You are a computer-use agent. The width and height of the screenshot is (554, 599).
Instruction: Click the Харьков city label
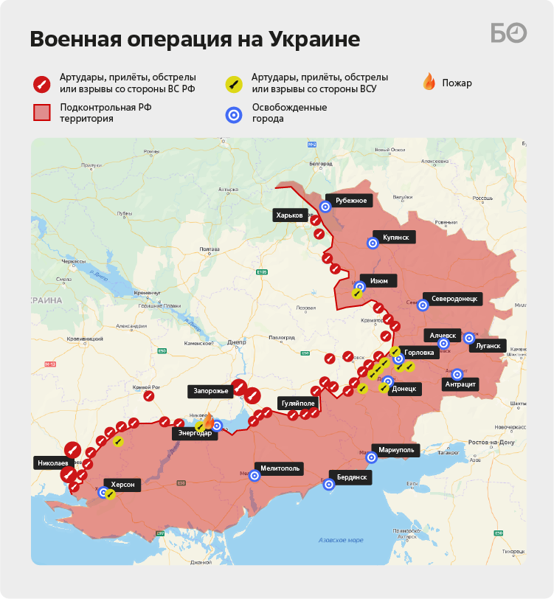point(289,215)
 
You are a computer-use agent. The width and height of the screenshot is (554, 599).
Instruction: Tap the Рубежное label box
point(350,200)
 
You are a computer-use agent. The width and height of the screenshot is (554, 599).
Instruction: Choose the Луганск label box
point(488,345)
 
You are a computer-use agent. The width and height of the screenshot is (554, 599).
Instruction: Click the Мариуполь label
point(401,449)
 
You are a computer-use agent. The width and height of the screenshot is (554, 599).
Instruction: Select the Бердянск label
point(352,477)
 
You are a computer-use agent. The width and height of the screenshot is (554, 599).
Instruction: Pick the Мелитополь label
point(280,468)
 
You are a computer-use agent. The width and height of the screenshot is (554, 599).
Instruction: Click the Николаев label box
point(52,463)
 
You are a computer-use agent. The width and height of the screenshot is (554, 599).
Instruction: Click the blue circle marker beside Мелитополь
point(255,476)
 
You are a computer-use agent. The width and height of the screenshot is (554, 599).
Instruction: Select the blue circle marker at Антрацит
point(457,374)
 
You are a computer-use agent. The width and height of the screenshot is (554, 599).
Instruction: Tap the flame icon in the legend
point(429,82)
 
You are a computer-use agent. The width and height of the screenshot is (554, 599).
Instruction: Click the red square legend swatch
point(43,112)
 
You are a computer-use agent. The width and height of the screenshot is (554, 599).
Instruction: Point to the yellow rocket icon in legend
point(234,83)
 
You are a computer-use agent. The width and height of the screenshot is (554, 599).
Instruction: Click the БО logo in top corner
point(509,33)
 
